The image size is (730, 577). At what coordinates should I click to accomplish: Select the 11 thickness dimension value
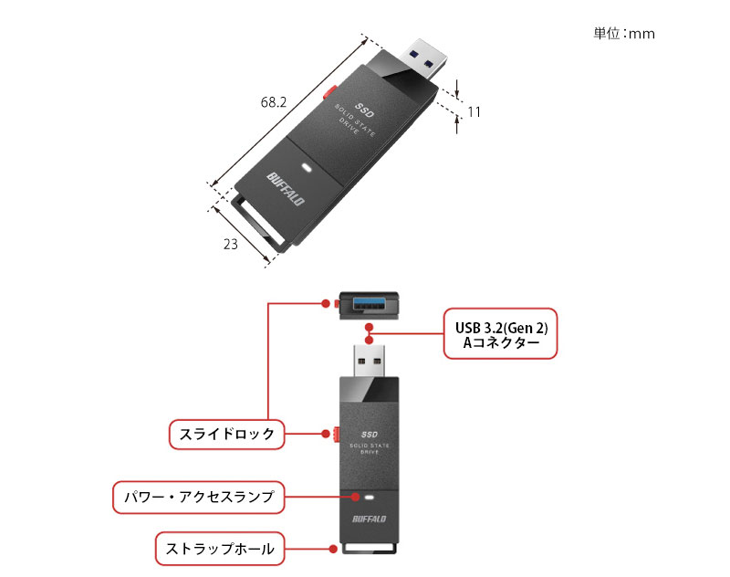click(x=474, y=111)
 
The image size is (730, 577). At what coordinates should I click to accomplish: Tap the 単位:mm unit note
click(x=624, y=34)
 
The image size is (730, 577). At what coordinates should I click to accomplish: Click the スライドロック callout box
click(x=227, y=435)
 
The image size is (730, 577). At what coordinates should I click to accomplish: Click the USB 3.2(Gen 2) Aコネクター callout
click(x=500, y=335)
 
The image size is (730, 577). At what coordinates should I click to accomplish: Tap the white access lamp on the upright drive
click(x=369, y=498)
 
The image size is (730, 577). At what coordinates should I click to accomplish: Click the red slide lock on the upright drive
click(x=336, y=435)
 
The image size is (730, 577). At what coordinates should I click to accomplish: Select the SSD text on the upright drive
click(x=369, y=434)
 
